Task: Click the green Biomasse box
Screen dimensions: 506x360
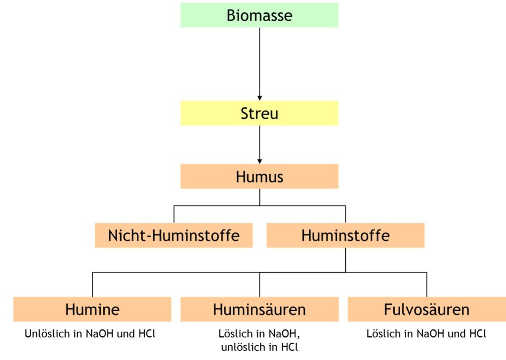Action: coord(259,15)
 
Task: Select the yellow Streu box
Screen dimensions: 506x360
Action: coord(259,113)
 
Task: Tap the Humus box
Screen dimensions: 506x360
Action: coord(259,176)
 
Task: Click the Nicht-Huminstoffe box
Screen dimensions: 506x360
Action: coord(173,235)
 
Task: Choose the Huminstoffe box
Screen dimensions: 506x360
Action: coord(345,235)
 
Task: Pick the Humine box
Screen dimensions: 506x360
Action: coord(92,309)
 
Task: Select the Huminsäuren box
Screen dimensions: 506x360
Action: coord(259,309)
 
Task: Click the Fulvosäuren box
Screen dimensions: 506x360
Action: coord(426,309)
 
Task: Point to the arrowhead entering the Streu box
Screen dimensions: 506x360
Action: coord(259,98)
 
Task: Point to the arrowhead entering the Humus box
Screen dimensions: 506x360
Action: coord(259,161)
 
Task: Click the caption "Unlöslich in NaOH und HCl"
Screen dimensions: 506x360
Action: coord(90,333)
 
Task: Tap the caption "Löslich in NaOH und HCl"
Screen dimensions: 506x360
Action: coord(426,333)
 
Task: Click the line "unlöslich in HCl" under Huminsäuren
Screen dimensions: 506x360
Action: coord(259,347)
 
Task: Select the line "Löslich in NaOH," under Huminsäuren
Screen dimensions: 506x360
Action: coord(259,334)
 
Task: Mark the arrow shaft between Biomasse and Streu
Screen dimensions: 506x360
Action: coord(259,62)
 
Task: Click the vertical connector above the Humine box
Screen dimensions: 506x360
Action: coord(92,285)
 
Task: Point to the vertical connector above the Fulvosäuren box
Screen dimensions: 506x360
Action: coord(427,285)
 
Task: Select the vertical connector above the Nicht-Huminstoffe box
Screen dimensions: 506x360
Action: coord(174,215)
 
